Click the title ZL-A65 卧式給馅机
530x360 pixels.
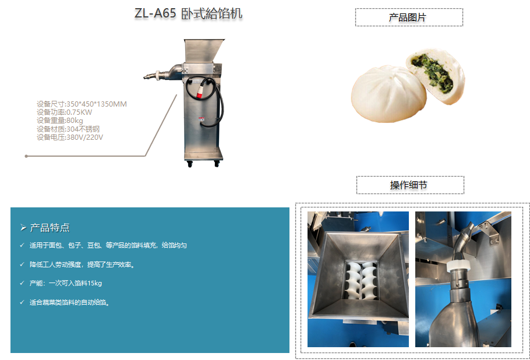click(x=188, y=13)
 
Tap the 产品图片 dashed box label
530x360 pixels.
click(x=409, y=17)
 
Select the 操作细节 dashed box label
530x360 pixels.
click(x=410, y=185)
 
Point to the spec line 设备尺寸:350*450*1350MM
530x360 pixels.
click(x=82, y=104)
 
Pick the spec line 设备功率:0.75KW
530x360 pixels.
click(x=64, y=112)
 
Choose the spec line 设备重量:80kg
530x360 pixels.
click(x=60, y=121)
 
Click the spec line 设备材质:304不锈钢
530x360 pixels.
click(x=68, y=129)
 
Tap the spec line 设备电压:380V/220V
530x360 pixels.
click(x=70, y=137)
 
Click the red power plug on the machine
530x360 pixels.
click(x=199, y=92)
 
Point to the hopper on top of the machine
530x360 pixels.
click(x=203, y=51)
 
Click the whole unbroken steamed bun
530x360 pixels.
click(x=388, y=94)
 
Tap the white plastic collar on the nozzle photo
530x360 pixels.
click(x=459, y=266)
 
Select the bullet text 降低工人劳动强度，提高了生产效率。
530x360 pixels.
click(x=82, y=264)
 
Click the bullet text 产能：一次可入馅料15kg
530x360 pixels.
click(x=66, y=283)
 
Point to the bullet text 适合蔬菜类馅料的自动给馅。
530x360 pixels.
click(x=70, y=302)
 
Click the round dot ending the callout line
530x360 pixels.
click(x=26, y=156)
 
